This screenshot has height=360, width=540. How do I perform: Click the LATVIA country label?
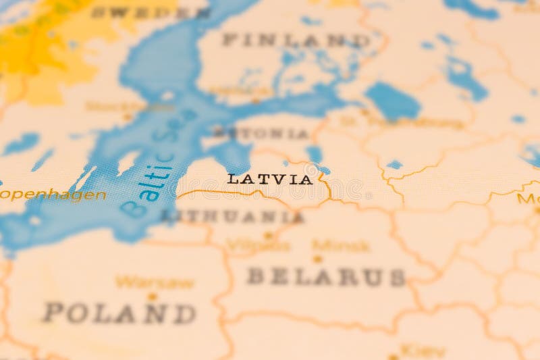click(270, 180)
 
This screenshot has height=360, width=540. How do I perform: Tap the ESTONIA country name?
click(261, 133)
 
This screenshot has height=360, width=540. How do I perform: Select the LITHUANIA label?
click(232, 217)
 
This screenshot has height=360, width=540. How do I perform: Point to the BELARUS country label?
click(326, 276)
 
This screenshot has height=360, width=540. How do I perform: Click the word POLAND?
click(119, 313)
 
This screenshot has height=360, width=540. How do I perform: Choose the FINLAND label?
click(296, 41)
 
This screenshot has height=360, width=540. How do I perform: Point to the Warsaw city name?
click(155, 282)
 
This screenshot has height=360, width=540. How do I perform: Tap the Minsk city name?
click(341, 246)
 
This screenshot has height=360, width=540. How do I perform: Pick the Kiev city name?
click(423, 351)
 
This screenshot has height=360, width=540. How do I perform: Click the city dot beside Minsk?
click(317, 258)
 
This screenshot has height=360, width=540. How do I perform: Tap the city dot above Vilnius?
click(268, 236)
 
